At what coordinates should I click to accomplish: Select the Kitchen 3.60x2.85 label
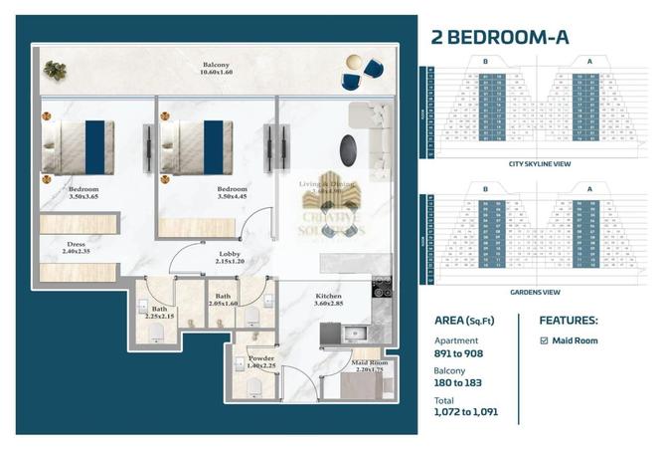click(328, 300)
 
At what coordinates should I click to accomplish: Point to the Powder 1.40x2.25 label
click(262, 361)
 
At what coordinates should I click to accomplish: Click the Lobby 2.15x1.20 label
click(230, 258)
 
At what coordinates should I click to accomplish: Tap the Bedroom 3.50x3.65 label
click(83, 192)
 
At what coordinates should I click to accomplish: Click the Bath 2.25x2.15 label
click(160, 313)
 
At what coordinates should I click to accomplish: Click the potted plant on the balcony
click(55, 70)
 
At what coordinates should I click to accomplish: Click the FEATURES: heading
click(568, 322)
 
